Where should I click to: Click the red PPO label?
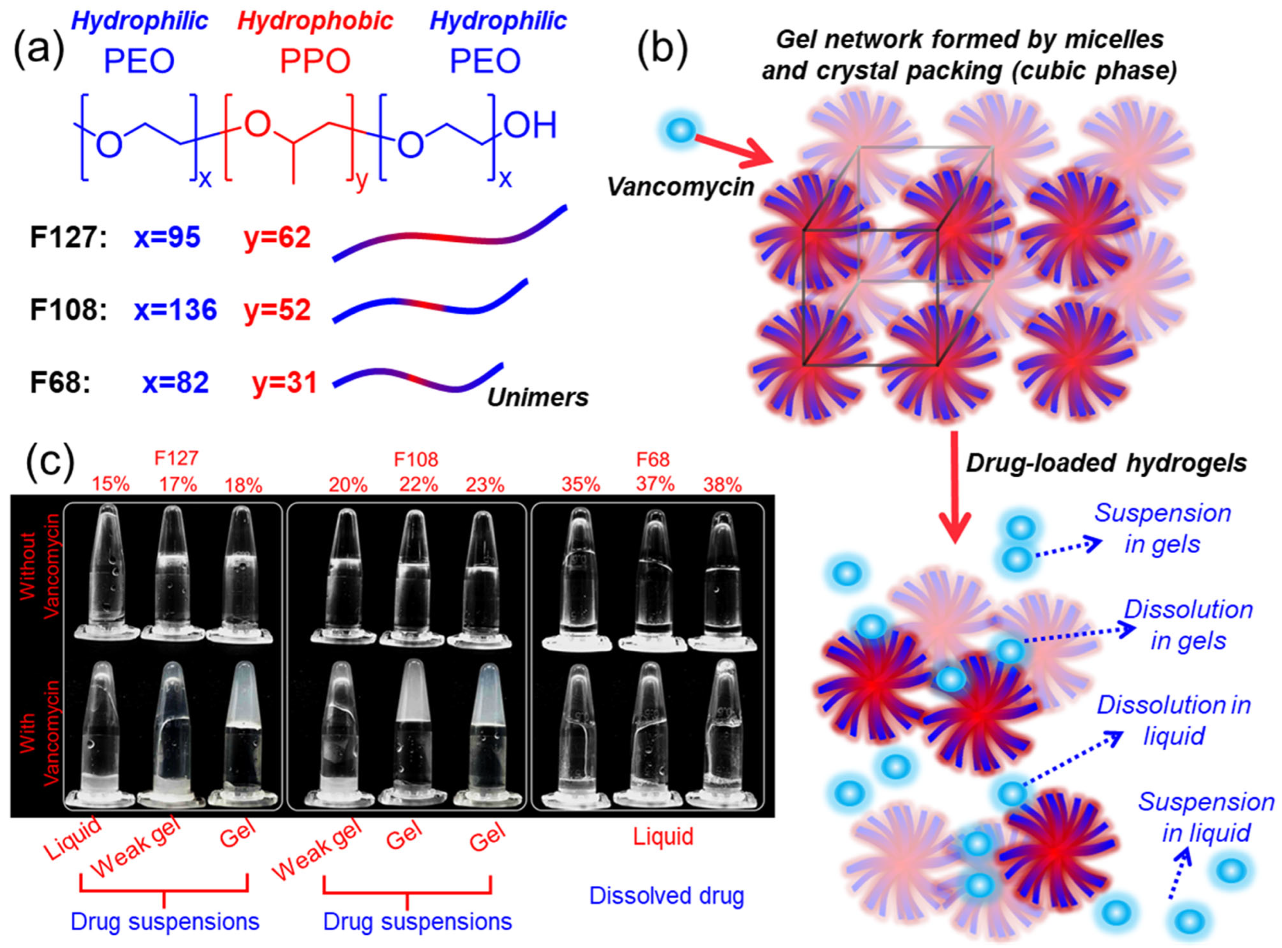click(x=315, y=61)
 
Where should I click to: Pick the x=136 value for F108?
click(x=176, y=310)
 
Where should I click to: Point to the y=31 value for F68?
click(x=285, y=383)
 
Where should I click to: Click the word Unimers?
click(x=538, y=397)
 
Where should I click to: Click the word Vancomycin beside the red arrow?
click(x=681, y=186)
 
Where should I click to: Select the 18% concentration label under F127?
click(x=243, y=485)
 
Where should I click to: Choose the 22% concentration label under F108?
click(x=418, y=485)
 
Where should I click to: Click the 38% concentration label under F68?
click(x=722, y=485)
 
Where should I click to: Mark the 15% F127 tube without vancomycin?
click(x=106, y=574)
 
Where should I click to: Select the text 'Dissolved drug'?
click(x=666, y=895)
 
